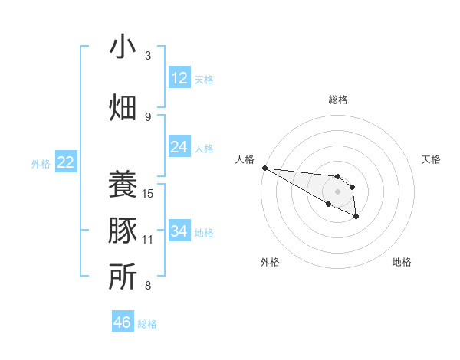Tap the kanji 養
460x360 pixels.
pyautogui.click(x=123, y=184)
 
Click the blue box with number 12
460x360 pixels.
pyautogui.click(x=179, y=78)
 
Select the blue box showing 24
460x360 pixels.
pyautogui.click(x=179, y=147)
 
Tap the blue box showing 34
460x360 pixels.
pyautogui.click(x=179, y=231)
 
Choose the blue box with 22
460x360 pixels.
pyautogui.click(x=66, y=162)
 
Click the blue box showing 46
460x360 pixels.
pyautogui.click(x=123, y=322)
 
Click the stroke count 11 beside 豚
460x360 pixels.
pyautogui.click(x=149, y=240)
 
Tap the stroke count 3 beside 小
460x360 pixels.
pyautogui.click(x=148, y=56)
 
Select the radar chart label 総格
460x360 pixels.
pyautogui.click(x=337, y=100)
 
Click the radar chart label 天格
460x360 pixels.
pyautogui.click(x=431, y=159)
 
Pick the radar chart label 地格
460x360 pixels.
pyautogui.click(x=402, y=262)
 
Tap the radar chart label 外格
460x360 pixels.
pyautogui.click(x=270, y=262)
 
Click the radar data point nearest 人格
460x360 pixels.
pyautogui.click(x=264, y=167)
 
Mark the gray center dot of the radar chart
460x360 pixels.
pyautogui.click(x=337, y=191)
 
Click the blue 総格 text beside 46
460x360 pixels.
pyautogui.click(x=147, y=324)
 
